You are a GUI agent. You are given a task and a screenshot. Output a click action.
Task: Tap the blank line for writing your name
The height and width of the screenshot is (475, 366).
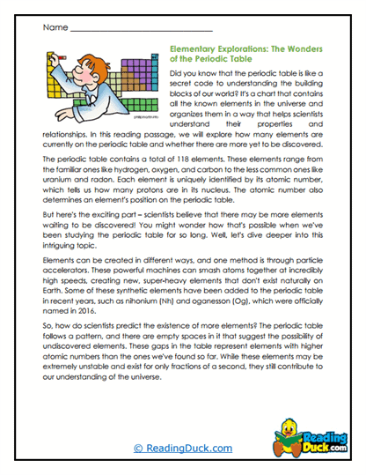tap(141, 31)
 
